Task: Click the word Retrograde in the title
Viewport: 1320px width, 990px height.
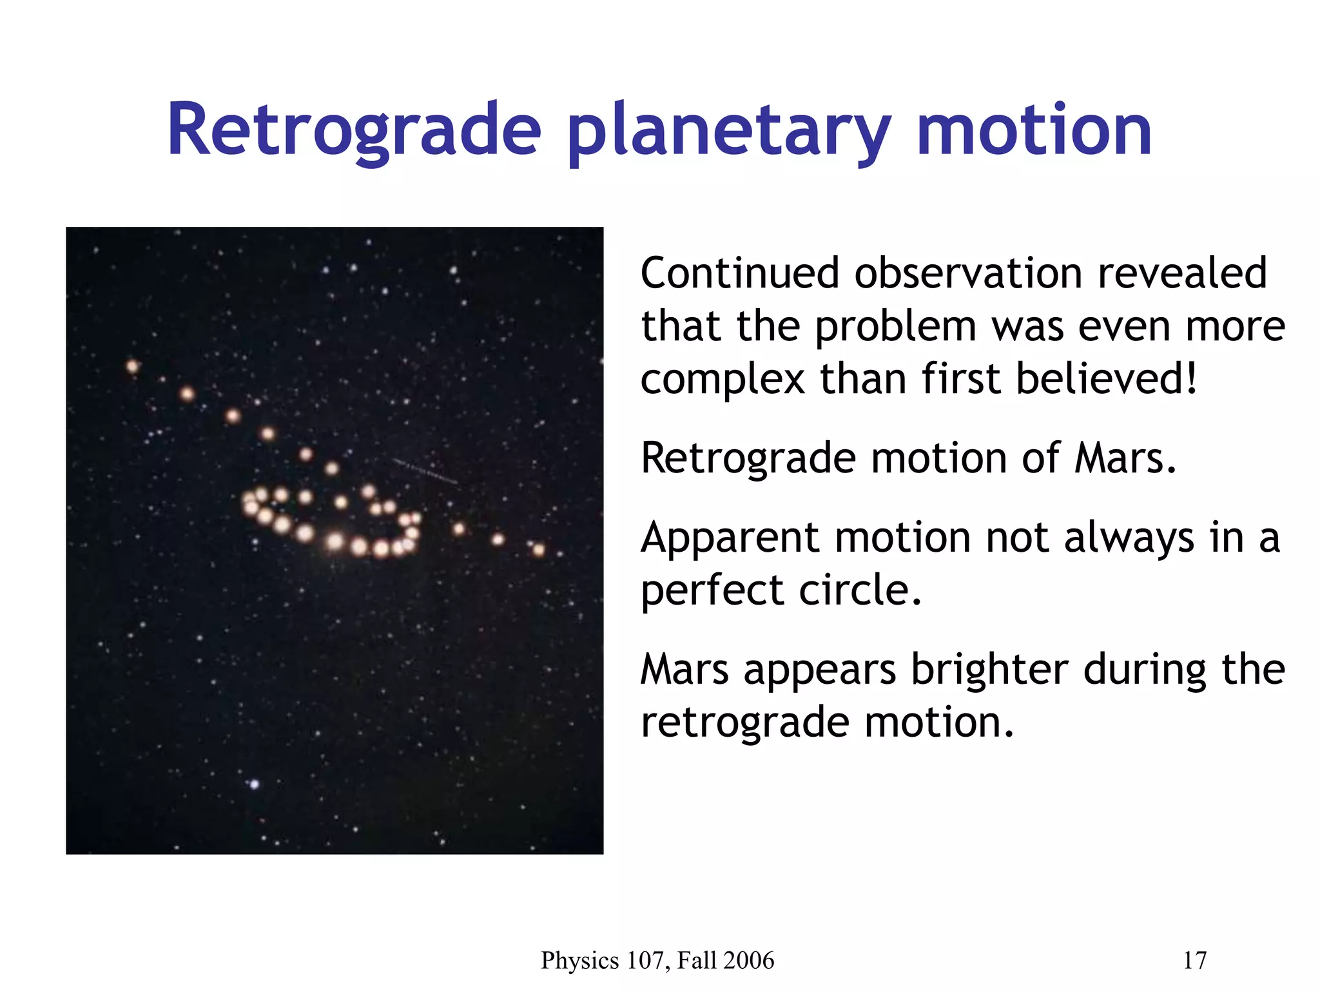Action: coord(353,130)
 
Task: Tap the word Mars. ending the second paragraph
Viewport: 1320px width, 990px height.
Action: coord(1125,458)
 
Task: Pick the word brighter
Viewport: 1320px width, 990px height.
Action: coord(989,670)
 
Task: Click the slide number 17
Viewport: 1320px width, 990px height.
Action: coord(1194,960)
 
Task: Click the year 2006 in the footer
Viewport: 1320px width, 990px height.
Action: coord(748,960)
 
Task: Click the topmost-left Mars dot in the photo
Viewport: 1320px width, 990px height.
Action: coord(133,367)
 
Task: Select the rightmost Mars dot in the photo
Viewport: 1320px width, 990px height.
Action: coord(539,550)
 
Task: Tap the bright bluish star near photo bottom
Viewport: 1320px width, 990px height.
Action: coord(254,784)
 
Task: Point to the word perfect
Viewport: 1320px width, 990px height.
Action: coord(712,590)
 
